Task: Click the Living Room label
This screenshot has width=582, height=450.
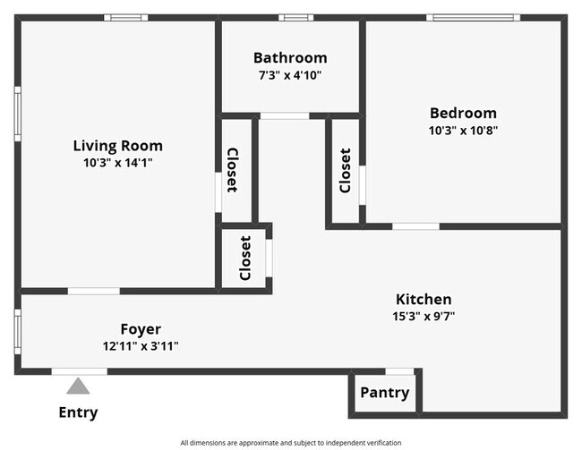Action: click(x=117, y=146)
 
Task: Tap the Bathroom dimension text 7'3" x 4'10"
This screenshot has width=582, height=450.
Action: click(x=290, y=75)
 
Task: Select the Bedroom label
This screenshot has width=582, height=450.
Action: click(x=463, y=113)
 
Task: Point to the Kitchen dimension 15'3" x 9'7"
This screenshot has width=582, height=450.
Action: click(x=424, y=317)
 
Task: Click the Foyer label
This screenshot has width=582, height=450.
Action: click(x=141, y=329)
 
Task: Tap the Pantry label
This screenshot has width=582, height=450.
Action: click(x=384, y=393)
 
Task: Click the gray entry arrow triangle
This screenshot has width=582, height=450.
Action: click(x=78, y=386)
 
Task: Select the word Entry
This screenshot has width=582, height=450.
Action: click(x=78, y=412)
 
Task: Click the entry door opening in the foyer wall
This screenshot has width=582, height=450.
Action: click(x=79, y=371)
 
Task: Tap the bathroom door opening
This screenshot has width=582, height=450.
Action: click(x=285, y=115)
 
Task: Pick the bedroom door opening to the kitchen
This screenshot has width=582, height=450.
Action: click(x=415, y=226)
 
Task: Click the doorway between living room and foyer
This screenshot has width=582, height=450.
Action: click(x=93, y=292)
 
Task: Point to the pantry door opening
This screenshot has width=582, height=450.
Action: click(x=399, y=371)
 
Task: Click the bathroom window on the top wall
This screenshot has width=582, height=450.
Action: click(x=295, y=17)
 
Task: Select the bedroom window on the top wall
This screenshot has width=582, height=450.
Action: click(x=473, y=17)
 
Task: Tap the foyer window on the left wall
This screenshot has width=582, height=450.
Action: click(x=17, y=332)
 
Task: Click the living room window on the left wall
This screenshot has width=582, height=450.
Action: click(x=17, y=114)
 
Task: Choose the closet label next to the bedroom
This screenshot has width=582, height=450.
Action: click(x=346, y=171)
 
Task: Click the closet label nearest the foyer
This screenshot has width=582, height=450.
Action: click(x=245, y=259)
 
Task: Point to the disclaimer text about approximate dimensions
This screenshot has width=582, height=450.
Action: click(x=291, y=443)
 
